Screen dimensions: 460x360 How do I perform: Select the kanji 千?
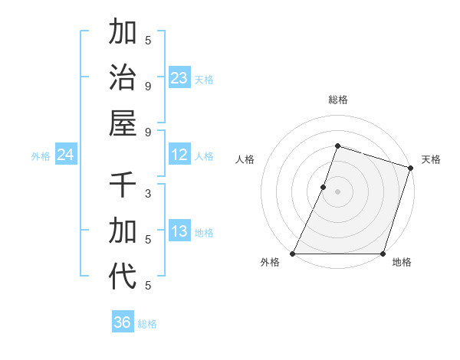click(123, 185)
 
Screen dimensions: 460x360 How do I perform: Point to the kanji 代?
click(123, 276)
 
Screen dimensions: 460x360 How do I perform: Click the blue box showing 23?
click(179, 78)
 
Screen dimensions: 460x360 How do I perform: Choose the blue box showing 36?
click(123, 322)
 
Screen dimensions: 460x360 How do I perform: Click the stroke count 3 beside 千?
click(148, 193)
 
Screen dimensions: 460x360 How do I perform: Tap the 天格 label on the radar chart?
click(432, 159)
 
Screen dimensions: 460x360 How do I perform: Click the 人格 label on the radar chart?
click(245, 159)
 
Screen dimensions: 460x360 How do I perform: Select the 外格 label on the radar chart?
click(270, 262)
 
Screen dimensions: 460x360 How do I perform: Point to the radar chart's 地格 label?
click(402, 262)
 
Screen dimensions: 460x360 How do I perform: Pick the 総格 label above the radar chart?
click(338, 100)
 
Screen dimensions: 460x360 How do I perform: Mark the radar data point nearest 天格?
click(410, 168)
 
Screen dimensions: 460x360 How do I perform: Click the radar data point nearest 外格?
click(293, 254)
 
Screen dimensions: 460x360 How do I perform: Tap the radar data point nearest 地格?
click(383, 254)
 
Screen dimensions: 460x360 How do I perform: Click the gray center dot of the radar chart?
click(337, 191)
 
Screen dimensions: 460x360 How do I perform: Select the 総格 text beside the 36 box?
click(147, 323)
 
